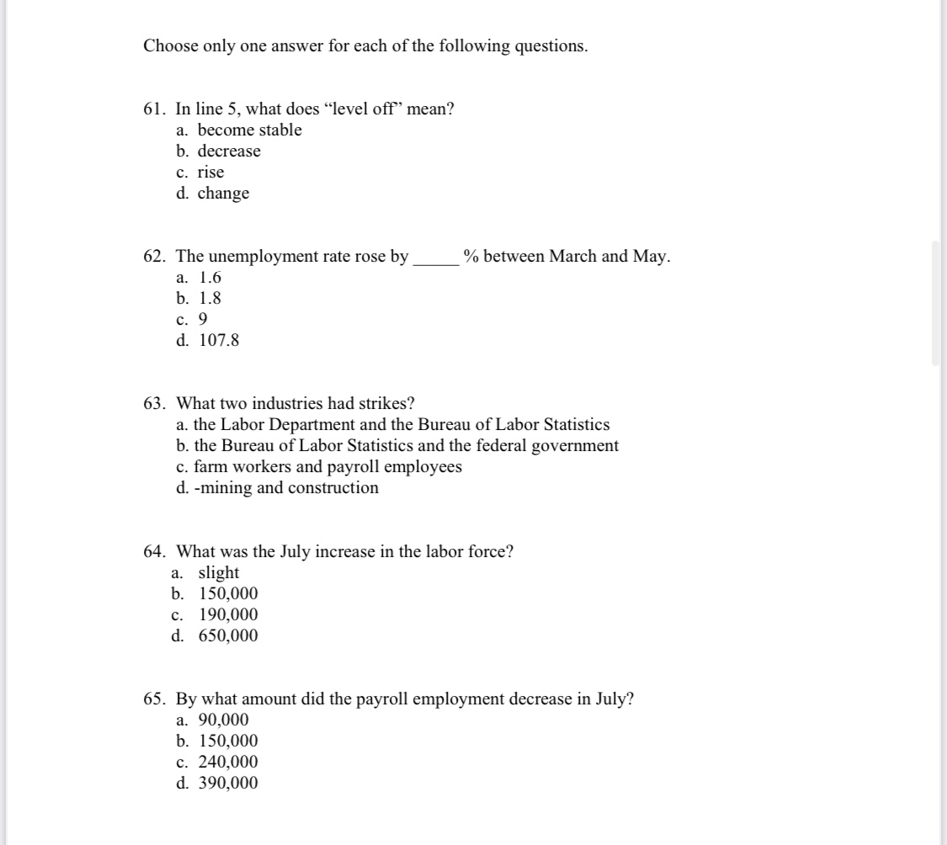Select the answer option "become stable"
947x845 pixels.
249,130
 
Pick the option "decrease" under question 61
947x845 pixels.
229,151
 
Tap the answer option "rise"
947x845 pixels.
210,173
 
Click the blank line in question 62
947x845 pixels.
435,260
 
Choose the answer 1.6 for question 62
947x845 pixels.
210,278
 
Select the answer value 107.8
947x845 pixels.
219,341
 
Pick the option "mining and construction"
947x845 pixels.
289,488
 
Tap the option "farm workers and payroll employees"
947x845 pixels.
327,467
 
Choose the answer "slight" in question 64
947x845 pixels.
218,573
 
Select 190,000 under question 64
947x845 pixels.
228,615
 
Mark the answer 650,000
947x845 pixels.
228,636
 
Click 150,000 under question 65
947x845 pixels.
228,741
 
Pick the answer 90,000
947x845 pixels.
223,720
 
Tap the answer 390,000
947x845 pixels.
228,784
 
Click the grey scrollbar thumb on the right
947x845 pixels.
935,303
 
